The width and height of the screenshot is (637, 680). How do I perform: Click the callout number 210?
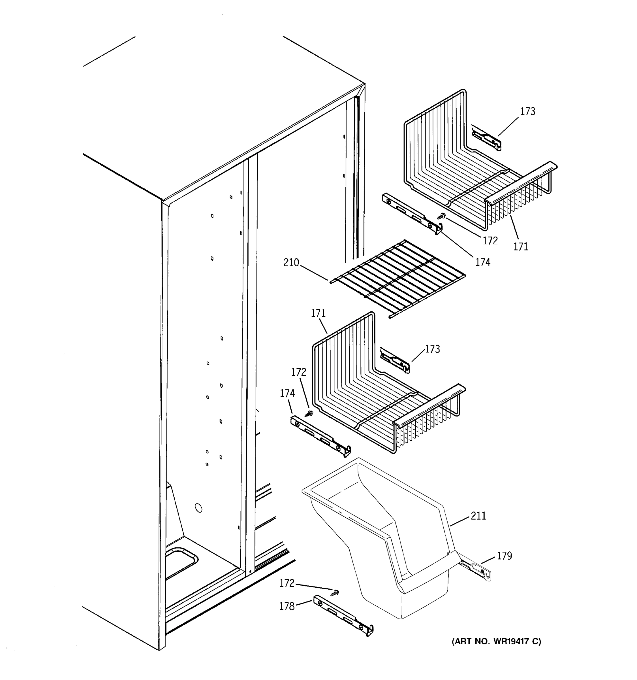pyautogui.click(x=291, y=263)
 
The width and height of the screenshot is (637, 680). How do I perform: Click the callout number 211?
pyautogui.click(x=478, y=515)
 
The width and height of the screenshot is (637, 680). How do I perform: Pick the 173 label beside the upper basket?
pyautogui.click(x=528, y=112)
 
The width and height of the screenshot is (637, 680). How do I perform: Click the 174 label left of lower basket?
pyautogui.click(x=287, y=394)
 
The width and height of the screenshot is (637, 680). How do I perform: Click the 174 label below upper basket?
pyautogui.click(x=482, y=262)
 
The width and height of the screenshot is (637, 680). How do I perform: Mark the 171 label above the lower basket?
pyautogui.click(x=318, y=313)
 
